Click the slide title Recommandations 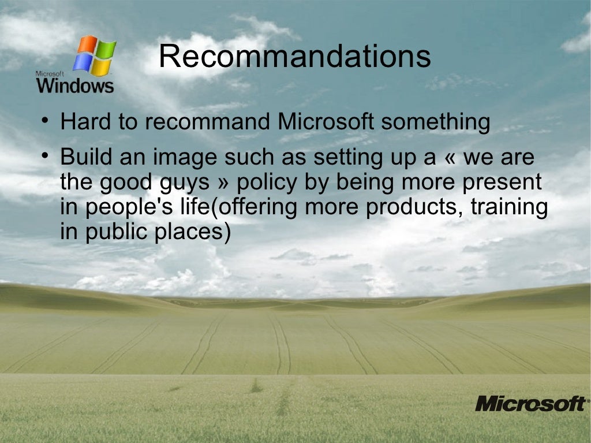point(294,57)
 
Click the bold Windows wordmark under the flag point(75,86)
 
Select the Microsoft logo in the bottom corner point(530,403)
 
